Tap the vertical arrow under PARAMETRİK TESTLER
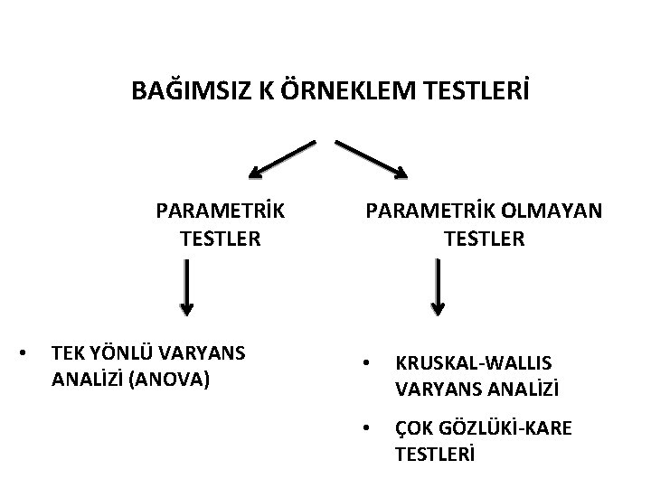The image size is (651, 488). click(x=185, y=288)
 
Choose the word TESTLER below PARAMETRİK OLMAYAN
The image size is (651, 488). click(x=484, y=239)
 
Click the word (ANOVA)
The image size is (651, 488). click(x=171, y=380)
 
